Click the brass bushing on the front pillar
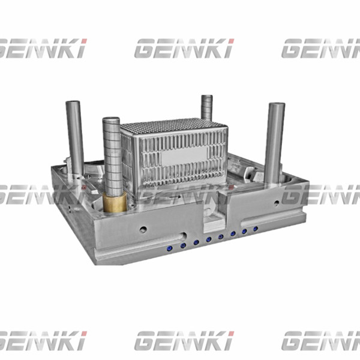point(114,202)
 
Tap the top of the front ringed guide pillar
point(112,120)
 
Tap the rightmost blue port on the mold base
point(256,229)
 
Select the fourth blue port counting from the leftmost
point(209,239)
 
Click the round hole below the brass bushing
point(143,229)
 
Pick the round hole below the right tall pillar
point(276,203)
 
